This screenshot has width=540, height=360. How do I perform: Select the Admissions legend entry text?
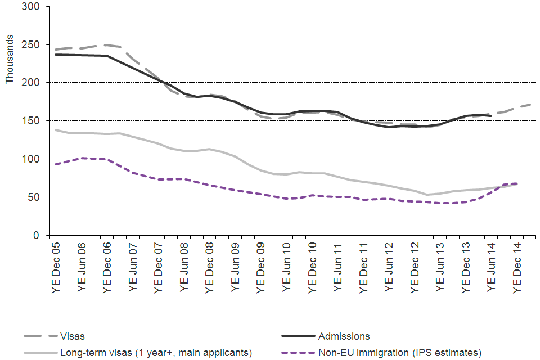[344, 336]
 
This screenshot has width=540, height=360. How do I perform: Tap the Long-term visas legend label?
[156, 353]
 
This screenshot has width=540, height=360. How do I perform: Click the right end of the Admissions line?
[492, 116]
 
